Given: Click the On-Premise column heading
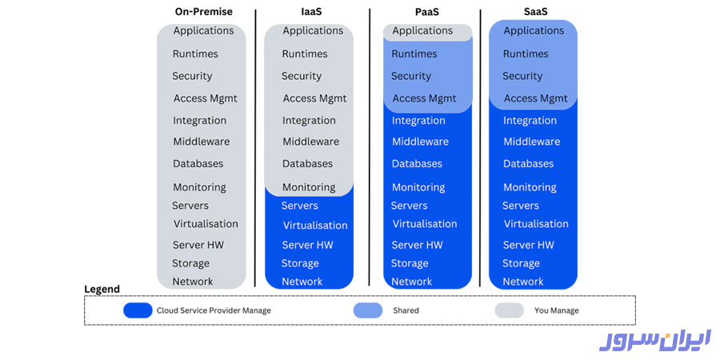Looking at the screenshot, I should [204, 12].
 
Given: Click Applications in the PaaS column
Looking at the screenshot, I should [422, 31].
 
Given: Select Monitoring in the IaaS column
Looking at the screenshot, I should [309, 187].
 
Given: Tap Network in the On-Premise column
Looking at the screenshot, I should [193, 282].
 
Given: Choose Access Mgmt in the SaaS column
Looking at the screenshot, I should [535, 98].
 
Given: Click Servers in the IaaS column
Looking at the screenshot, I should [300, 206].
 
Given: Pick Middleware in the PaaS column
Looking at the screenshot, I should [420, 142].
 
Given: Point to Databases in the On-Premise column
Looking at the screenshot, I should [198, 163].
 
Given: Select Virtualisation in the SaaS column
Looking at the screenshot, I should [536, 224].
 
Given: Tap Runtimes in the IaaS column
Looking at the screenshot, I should [305, 54].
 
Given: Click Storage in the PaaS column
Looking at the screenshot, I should [410, 263].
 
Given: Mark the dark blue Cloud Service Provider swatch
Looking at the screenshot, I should [138, 310].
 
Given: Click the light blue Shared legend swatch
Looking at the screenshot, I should [368, 310].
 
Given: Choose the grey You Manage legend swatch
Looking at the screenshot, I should [509, 310].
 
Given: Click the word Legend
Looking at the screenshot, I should [102, 289].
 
